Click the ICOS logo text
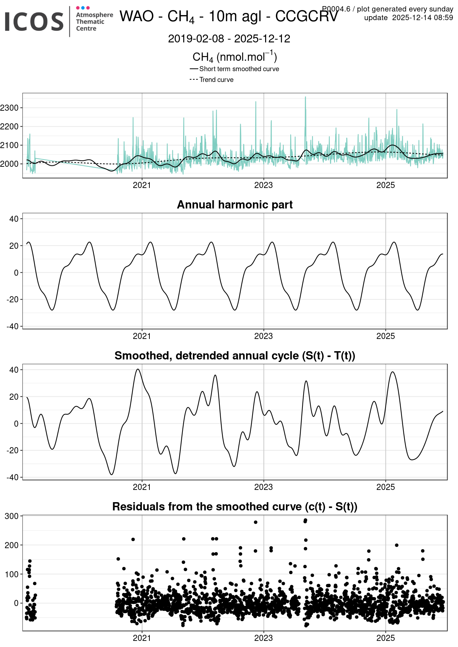pos(34,22)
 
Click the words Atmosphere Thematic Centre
pos(94,22)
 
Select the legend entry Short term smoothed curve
pos(239,69)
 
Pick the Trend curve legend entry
pos(216,80)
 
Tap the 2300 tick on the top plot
pos(9,108)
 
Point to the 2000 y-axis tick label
pos(9,164)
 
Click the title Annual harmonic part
pos(235,205)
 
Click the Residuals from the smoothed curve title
pos(235,506)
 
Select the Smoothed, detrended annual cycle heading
pos(235,355)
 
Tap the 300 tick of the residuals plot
pos(11,516)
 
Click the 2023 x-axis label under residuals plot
pos(263,638)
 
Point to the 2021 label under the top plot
pos(142,185)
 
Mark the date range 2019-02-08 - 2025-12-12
pos(229,39)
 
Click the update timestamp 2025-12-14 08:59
pos(422,18)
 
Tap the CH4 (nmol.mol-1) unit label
pos(235,57)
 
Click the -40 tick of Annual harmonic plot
pos(14,326)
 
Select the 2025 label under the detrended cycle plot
pos(385,487)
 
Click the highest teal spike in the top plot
pos(305,97)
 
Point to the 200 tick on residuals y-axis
pos(11,545)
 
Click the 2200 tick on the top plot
pos(9,127)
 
